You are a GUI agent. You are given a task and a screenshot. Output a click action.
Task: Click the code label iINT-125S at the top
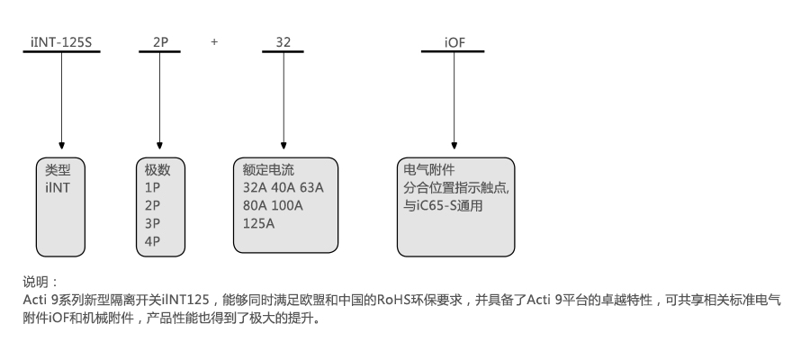pos(61,41)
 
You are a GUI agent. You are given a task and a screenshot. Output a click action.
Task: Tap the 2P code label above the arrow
pos(159,41)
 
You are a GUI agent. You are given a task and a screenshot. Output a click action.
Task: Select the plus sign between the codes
pos(214,41)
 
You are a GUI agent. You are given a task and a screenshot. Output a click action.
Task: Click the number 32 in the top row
pos(283,41)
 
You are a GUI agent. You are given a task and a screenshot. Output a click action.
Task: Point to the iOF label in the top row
pos(454,41)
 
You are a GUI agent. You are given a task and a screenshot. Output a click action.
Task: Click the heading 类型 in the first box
pos(58,169)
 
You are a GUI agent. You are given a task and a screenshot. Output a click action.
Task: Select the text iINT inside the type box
pos(57,187)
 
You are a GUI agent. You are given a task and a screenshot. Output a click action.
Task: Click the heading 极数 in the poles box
pos(157,169)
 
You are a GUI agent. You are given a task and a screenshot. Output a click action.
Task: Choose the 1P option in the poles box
pos(152,187)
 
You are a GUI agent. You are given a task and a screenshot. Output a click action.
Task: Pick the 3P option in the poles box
pos(152,223)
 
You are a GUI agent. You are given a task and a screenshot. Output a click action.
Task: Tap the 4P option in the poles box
pos(152,241)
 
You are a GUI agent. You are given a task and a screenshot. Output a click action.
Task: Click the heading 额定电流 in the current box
pos(268,169)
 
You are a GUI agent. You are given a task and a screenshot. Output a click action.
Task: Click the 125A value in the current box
pos(258,223)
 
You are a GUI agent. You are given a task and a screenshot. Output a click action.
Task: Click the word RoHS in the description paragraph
pos(393,299)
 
